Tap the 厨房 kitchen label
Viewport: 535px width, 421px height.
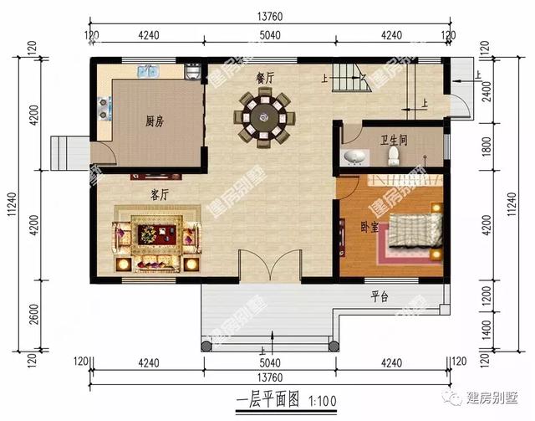(x=154, y=121)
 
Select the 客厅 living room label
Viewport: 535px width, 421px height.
(x=160, y=194)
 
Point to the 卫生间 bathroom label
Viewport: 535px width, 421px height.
(x=392, y=141)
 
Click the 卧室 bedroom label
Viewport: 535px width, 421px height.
(x=369, y=225)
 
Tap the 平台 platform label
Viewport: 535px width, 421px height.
(x=380, y=296)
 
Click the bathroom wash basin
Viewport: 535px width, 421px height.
(x=355, y=157)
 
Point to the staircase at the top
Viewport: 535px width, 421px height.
(x=351, y=80)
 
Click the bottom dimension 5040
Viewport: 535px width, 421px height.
(x=268, y=363)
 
